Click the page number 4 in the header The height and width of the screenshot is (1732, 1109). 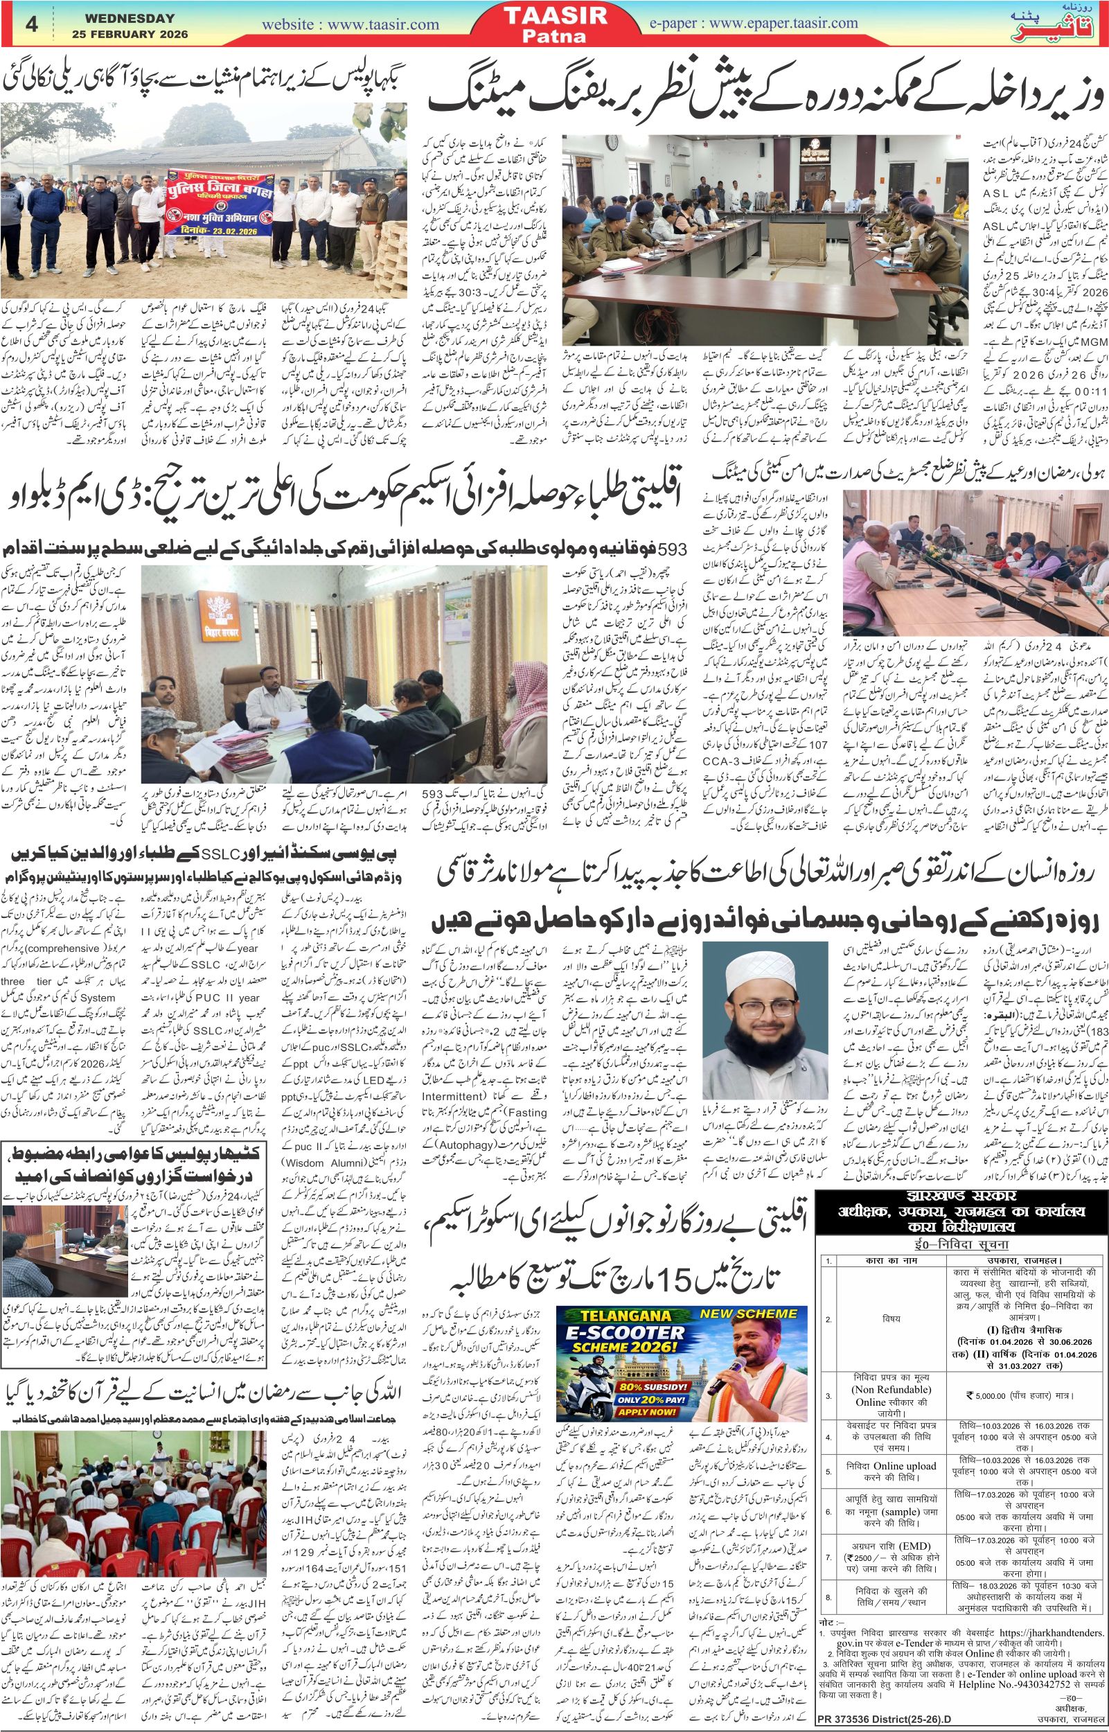coord(31,23)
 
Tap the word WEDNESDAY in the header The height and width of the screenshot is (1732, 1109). coord(124,18)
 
